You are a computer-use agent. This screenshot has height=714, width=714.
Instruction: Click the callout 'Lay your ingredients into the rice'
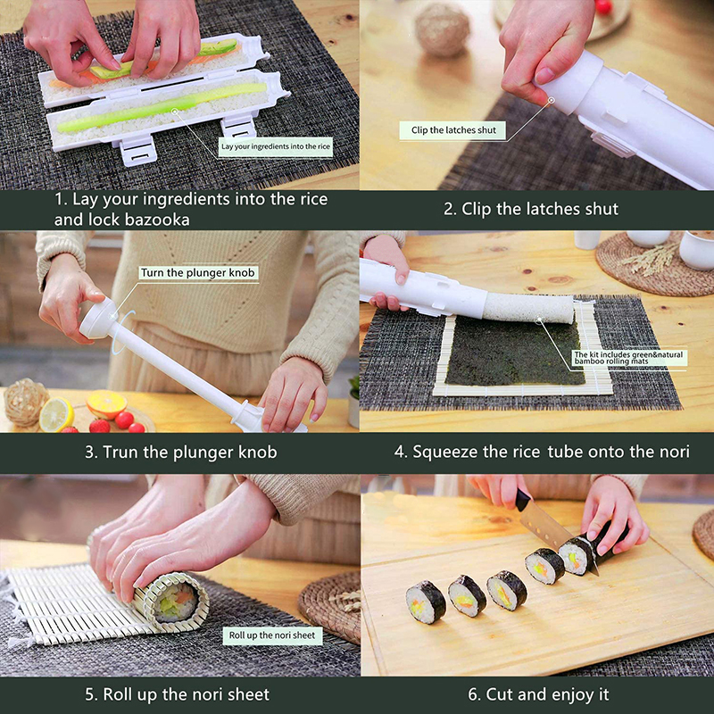(x=276, y=146)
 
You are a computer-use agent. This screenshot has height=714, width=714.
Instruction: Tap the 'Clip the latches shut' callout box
(x=453, y=130)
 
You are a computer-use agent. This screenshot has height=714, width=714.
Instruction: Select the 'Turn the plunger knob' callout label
(x=198, y=273)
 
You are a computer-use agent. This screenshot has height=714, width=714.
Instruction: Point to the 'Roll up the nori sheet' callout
(x=272, y=635)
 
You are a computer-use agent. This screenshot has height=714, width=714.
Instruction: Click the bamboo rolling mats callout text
(x=628, y=358)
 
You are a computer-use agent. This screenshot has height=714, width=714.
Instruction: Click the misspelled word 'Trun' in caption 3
(x=120, y=452)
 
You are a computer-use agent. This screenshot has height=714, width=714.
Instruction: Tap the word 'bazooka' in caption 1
(x=157, y=220)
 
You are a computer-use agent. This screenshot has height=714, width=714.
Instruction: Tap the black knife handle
(x=522, y=500)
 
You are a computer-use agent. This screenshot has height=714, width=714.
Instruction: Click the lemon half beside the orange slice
(x=56, y=414)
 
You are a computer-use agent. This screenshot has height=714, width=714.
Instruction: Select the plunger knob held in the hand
(x=98, y=318)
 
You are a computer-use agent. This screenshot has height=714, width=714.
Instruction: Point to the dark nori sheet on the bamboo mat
(x=514, y=351)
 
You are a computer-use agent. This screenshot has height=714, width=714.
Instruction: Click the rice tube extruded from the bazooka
(x=528, y=308)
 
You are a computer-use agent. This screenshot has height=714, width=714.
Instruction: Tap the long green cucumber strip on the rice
(x=162, y=108)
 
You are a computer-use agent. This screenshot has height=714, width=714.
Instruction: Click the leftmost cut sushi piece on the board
(x=426, y=602)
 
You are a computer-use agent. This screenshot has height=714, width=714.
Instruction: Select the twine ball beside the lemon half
(x=25, y=403)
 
